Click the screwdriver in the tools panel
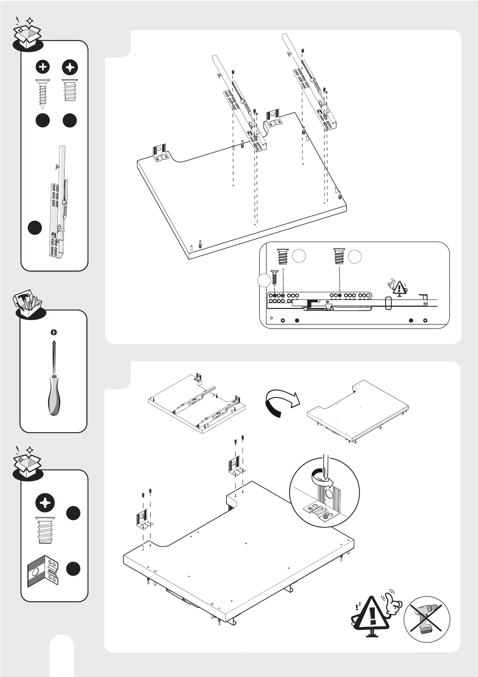point(53,378)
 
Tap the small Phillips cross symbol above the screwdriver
point(53,332)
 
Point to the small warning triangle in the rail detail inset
point(399,288)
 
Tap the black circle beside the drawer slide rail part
point(35,227)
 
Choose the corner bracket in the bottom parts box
point(43,570)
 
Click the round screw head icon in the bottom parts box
point(45,503)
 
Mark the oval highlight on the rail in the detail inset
point(388,303)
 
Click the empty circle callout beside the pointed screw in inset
point(264,280)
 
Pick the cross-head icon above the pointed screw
point(43,67)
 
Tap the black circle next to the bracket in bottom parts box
point(73,569)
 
